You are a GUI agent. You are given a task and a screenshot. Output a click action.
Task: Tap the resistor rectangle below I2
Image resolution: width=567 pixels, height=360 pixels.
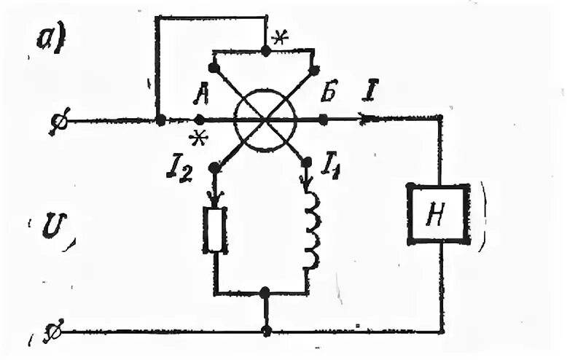[x=215, y=230]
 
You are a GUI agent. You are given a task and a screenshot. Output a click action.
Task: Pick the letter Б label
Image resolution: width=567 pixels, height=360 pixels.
[x=328, y=95]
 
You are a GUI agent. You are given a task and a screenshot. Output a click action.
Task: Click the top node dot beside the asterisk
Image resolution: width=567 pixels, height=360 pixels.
[x=265, y=51]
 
